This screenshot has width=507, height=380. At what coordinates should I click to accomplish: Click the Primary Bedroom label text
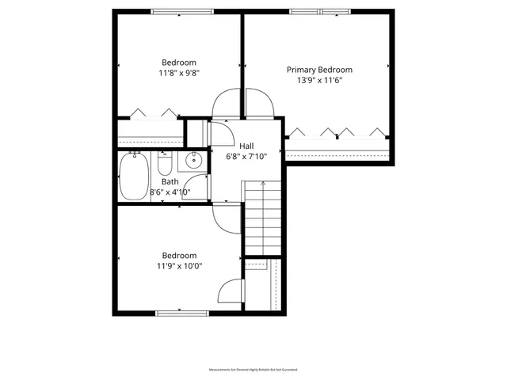pyautogui.click(x=319, y=70)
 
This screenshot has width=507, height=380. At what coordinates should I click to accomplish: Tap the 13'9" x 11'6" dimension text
pyautogui.click(x=319, y=81)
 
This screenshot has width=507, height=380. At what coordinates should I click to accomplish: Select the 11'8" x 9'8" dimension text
pyautogui.click(x=179, y=73)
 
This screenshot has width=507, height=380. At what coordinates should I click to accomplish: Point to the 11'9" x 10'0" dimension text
pyautogui.click(x=179, y=267)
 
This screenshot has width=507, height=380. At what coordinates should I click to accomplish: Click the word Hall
pyautogui.click(x=247, y=146)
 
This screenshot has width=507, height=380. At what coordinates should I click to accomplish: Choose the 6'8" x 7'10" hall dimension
pyautogui.click(x=247, y=157)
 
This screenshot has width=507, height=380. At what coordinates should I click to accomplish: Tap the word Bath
pyautogui.click(x=170, y=181)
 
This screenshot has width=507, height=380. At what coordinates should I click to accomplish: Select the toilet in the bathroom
pyautogui.click(x=165, y=164)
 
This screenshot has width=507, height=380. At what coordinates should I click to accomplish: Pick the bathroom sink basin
pyautogui.click(x=193, y=161)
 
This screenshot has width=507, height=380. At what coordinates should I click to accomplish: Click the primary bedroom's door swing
pyautogui.click(x=260, y=101)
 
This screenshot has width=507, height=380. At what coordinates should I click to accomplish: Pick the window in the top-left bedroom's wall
pyautogui.click(x=181, y=11)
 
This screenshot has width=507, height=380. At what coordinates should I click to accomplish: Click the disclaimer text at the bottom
pyautogui.click(x=253, y=370)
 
